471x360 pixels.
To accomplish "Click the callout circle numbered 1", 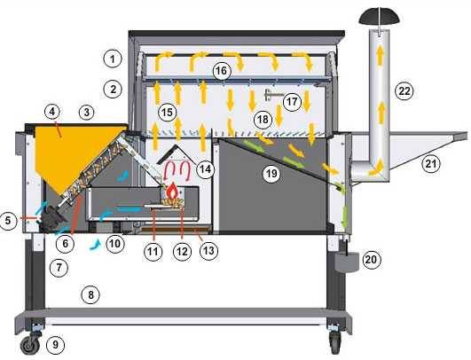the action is [113, 59].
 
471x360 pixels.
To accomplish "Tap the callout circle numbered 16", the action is [222, 71].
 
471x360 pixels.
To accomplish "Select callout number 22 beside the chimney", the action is [404, 90].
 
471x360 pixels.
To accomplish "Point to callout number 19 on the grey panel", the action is [271, 174].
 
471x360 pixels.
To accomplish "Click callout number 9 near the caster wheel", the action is [55, 344].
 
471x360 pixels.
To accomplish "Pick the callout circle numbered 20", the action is [372, 259].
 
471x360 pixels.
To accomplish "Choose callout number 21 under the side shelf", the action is [431, 164].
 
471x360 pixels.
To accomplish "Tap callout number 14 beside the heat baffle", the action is [206, 169].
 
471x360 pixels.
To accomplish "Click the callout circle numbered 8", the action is [90, 295].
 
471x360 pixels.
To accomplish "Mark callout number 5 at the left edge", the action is [8, 221].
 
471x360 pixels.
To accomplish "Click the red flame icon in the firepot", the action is [172, 191].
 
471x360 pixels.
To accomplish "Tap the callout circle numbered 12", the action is [183, 251].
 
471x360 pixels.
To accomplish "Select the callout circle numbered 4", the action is [52, 112].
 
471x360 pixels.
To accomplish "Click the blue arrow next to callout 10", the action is [96, 244].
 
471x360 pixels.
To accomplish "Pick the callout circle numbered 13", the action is [208, 250].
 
